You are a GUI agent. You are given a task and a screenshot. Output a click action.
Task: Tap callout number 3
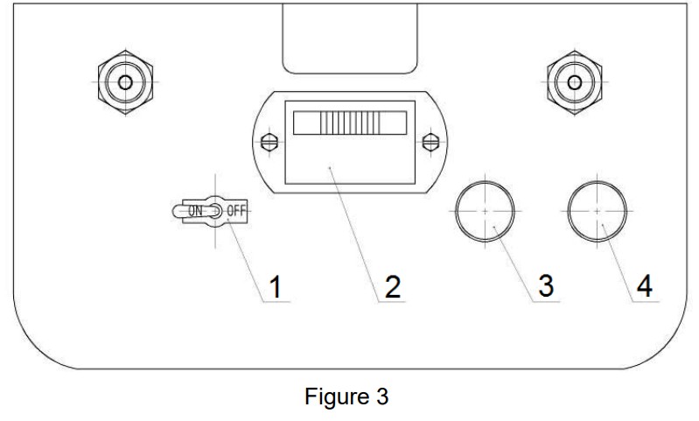[x=545, y=287]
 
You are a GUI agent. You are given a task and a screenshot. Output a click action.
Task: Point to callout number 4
[x=644, y=287]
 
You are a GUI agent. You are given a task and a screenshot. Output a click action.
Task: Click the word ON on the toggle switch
[x=197, y=211]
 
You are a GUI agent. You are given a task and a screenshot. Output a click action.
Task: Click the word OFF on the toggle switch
[x=237, y=211]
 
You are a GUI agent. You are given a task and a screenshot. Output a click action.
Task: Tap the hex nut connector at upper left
[x=124, y=83]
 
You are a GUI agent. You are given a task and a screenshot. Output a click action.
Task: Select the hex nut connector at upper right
[x=573, y=83]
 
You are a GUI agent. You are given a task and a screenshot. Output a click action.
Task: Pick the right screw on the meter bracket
[x=430, y=142]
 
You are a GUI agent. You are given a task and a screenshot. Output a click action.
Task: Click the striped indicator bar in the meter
[x=348, y=122]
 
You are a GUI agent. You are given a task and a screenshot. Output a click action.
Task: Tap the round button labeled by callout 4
[x=598, y=212]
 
